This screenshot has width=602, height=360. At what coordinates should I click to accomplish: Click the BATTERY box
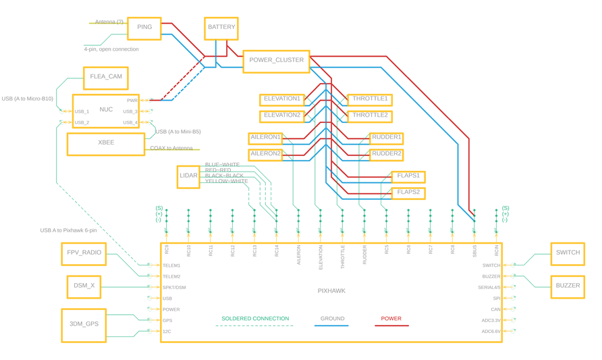[x=221, y=28]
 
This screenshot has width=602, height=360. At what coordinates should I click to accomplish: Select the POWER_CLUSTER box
[x=276, y=61]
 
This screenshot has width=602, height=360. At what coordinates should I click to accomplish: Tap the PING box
[x=144, y=28]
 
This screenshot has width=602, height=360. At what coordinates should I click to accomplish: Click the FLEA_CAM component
[x=106, y=78]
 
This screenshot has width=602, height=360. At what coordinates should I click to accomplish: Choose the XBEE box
[x=106, y=143]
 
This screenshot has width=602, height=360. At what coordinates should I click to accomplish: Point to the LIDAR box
[x=188, y=176]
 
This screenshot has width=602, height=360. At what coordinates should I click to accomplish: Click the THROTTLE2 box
[x=370, y=115]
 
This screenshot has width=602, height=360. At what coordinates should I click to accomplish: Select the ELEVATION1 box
[x=282, y=99]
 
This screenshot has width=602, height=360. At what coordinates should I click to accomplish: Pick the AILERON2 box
[x=265, y=154]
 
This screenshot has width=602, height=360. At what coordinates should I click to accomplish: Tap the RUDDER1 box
[x=386, y=137]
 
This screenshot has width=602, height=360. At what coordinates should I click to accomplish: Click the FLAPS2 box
[x=408, y=192]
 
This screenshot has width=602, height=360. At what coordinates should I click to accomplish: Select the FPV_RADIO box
[x=84, y=253]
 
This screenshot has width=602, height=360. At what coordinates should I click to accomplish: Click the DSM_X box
[x=84, y=286]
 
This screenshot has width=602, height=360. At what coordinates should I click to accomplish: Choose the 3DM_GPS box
[x=84, y=324]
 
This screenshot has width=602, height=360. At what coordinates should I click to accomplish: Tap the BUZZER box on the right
[x=568, y=286]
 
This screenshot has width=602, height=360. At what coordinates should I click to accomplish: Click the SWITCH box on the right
[x=568, y=253]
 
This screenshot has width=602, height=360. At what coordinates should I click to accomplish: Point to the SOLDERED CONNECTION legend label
[x=255, y=319]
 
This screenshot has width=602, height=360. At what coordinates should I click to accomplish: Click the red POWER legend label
[x=391, y=319]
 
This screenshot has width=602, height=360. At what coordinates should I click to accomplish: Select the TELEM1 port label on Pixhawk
[x=171, y=266]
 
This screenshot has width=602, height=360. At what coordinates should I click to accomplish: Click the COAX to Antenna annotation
[x=171, y=149]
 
